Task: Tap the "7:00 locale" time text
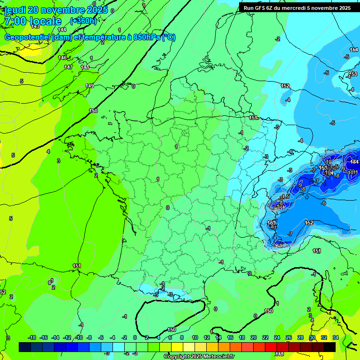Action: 33,22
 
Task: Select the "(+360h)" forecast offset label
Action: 83,21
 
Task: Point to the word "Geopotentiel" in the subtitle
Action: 28,37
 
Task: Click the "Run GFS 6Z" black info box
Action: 298,7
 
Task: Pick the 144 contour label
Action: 62,30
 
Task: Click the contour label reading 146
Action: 62,58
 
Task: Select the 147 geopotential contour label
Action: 68,67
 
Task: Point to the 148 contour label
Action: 85,67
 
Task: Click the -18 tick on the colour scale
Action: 32,337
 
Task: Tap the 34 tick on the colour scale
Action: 336,337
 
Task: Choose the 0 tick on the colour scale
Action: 135,337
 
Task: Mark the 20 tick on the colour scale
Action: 253,337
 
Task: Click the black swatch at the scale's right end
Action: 330,347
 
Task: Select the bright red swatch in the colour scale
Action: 271,347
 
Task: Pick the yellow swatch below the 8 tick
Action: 177,347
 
